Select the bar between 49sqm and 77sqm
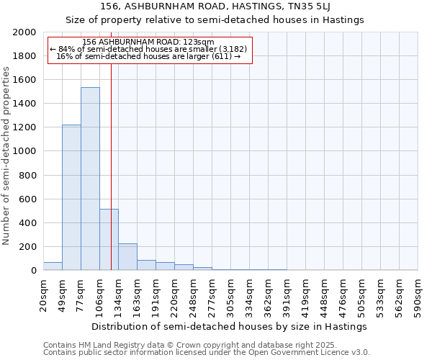point(71,197)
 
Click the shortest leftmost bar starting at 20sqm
point(53,266)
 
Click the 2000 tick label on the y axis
point(24,32)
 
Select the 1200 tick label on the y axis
point(24,127)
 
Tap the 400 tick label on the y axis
point(27,223)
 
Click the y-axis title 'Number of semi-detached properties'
point(6,156)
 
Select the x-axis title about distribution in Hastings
point(230,326)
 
